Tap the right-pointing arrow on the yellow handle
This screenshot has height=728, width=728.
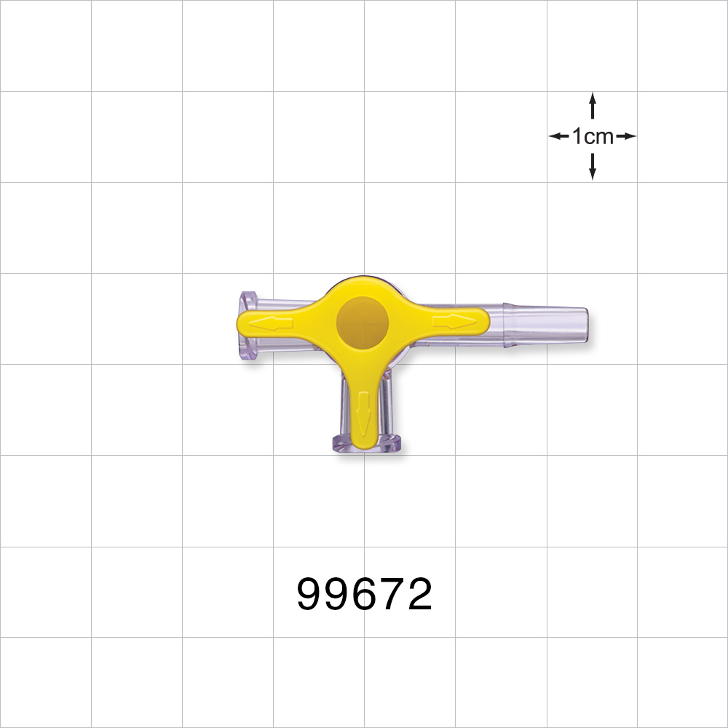454,320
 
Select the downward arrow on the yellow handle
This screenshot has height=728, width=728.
364,416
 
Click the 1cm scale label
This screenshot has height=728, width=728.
593,136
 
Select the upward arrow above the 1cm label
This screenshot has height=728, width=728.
593,105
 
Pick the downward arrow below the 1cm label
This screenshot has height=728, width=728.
593,167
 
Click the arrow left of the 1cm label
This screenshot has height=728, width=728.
558,136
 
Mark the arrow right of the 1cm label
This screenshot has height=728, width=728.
627,136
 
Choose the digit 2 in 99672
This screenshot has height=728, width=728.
419,595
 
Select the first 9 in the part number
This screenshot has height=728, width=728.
310,595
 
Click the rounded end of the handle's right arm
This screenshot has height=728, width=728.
480,320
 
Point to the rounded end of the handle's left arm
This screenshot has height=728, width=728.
242,323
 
